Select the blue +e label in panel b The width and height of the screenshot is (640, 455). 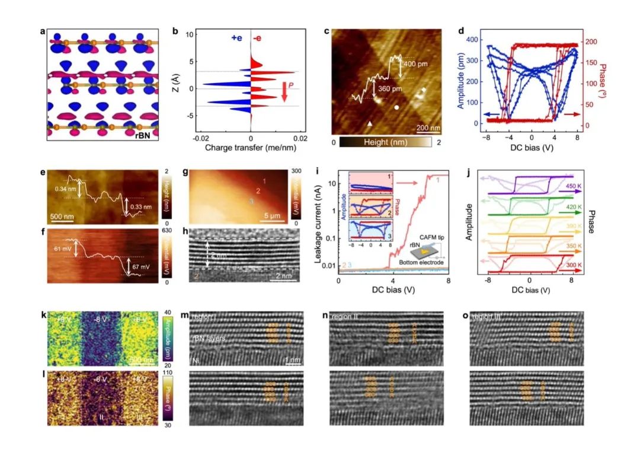(x=237, y=38)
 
